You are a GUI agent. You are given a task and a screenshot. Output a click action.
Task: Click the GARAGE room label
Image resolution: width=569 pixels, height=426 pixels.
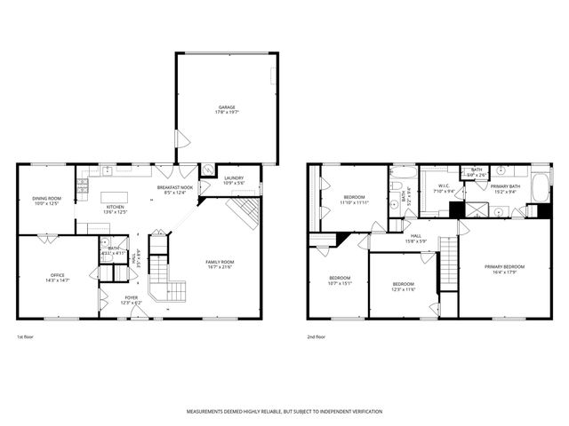tap(228, 107)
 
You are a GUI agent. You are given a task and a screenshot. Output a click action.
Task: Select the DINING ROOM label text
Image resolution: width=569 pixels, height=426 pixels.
tap(46, 198)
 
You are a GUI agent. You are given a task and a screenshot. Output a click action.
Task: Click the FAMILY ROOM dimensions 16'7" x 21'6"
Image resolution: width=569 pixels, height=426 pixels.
tap(219, 267)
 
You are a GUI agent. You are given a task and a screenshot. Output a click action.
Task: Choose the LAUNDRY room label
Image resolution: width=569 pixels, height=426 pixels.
tap(234, 177)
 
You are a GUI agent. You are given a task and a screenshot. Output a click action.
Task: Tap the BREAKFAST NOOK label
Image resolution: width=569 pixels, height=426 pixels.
tap(175, 187)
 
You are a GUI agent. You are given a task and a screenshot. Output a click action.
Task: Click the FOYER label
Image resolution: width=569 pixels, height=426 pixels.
tap(131, 297)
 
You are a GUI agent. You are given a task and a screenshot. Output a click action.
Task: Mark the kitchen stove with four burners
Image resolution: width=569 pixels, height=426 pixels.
tap(83, 185)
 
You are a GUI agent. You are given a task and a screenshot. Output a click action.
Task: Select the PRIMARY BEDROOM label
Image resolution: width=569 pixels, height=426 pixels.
tap(504, 267)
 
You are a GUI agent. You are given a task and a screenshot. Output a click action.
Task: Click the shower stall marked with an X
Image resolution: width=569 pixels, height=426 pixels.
tap(477, 209)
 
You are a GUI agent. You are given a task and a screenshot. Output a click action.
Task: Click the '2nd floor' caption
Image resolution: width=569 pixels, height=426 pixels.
tap(317, 337)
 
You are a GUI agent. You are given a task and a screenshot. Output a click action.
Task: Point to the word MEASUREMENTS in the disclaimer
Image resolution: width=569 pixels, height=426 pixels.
tap(207, 412)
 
